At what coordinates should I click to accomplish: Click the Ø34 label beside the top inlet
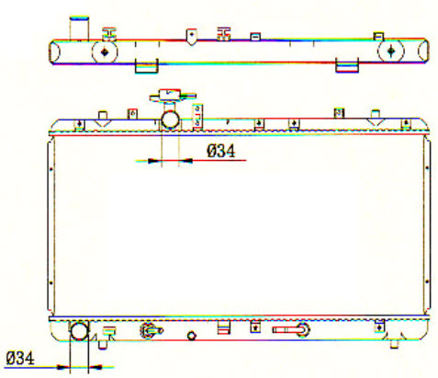click(221, 151)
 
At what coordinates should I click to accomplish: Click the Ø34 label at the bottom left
click(20, 358)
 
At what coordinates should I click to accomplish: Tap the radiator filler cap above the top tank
click(173, 96)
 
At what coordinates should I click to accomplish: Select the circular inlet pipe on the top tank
click(170, 120)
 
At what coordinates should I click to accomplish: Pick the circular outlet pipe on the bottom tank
click(79, 330)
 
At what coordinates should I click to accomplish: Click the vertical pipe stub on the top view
click(79, 29)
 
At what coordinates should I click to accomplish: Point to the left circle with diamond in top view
click(105, 52)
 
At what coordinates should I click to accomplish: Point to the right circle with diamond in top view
click(391, 51)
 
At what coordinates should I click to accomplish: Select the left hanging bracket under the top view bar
click(147, 66)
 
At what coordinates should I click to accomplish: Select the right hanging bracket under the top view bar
click(347, 65)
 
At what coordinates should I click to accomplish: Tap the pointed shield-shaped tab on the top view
click(191, 37)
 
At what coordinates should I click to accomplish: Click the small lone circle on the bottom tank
click(192, 336)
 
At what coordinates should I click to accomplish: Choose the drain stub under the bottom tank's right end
click(395, 343)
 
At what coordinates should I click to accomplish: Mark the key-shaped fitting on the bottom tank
click(291, 329)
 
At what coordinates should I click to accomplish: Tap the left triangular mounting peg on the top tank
click(103, 119)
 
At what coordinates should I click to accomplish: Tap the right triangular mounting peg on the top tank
click(376, 118)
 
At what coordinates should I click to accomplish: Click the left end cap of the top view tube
click(54, 52)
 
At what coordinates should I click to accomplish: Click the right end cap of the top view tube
click(423, 50)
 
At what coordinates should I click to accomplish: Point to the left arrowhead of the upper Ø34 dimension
click(154, 160)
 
